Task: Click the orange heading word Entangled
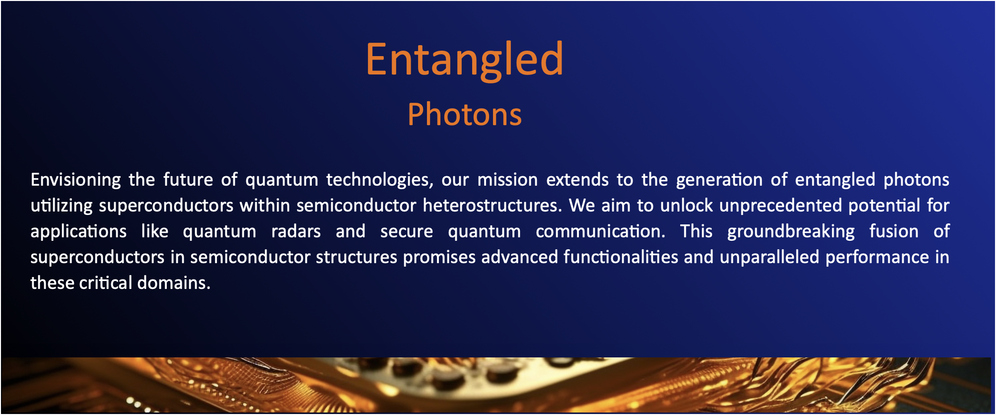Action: coord(465,60)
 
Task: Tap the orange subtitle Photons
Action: coord(465,114)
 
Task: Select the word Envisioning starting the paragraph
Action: coord(75,180)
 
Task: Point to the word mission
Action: coord(507,179)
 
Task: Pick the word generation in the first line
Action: coord(719,180)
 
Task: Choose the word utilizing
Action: coord(62,206)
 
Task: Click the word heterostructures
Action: coord(493,206)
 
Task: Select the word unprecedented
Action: coord(781,206)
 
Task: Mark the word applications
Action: coord(78,232)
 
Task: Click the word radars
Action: coord(296,231)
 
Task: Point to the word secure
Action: coord(407,232)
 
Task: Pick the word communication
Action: coord(601,231)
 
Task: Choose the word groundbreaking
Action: coord(791,232)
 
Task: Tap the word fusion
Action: coord(894,231)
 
